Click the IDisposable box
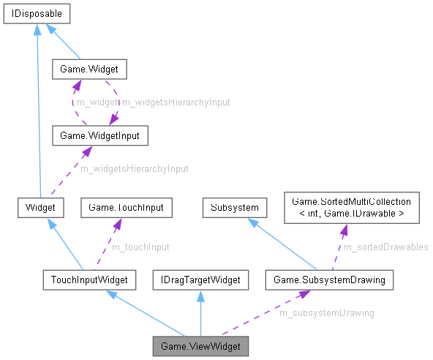tap(37, 14)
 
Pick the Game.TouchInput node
tap(127, 207)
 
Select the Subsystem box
tap(234, 207)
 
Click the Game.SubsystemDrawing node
tap(328, 279)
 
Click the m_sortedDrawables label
tap(385, 247)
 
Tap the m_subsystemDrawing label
tap(327, 313)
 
